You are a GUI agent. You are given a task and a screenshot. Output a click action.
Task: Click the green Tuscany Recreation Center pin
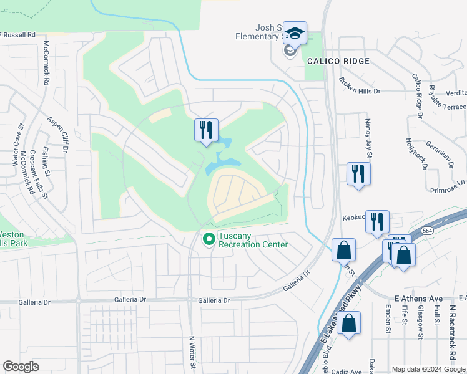pyautogui.click(x=209, y=238)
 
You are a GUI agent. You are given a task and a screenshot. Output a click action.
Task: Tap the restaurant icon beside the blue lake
pyautogui.click(x=206, y=130)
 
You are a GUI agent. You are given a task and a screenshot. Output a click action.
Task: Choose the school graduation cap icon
pyautogui.click(x=295, y=33)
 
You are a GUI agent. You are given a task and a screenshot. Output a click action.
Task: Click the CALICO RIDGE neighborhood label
pyautogui.click(x=338, y=61)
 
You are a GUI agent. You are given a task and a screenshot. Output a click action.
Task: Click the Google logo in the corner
pyautogui.click(x=20, y=367)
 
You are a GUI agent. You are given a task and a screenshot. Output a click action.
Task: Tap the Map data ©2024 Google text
pyautogui.click(x=428, y=369)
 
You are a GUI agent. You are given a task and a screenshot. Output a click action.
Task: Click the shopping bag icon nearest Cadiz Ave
pyautogui.click(x=348, y=324)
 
